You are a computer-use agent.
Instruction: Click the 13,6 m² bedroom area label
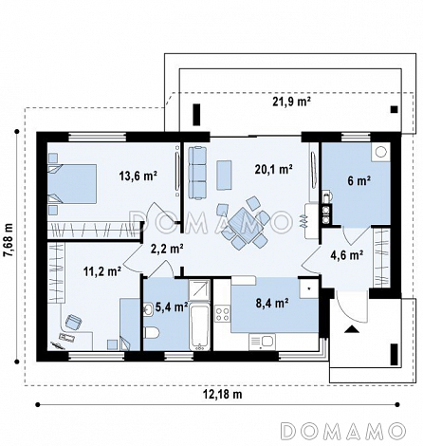click(x=138, y=176)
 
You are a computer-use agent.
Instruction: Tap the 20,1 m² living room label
click(x=273, y=170)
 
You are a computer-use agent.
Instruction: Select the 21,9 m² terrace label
click(x=291, y=102)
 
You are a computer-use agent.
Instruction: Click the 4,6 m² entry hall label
click(x=347, y=254)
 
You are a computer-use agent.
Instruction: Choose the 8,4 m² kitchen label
click(x=272, y=304)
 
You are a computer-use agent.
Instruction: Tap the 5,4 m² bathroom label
click(x=172, y=307)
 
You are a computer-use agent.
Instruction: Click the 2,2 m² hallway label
click(x=167, y=249)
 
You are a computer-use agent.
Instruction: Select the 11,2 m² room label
click(x=102, y=270)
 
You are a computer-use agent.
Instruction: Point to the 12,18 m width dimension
click(x=222, y=395)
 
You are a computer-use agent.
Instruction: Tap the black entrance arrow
click(x=351, y=329)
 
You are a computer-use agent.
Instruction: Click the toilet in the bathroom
click(x=152, y=333)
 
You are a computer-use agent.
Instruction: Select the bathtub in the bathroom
click(x=200, y=326)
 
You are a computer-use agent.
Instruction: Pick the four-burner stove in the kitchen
click(x=222, y=314)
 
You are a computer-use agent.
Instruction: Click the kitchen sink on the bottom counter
click(x=262, y=342)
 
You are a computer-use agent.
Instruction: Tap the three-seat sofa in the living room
click(x=197, y=173)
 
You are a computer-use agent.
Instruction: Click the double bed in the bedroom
click(x=72, y=183)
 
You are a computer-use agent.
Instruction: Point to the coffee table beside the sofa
click(x=224, y=175)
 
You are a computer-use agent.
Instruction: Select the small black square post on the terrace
click(x=394, y=109)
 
